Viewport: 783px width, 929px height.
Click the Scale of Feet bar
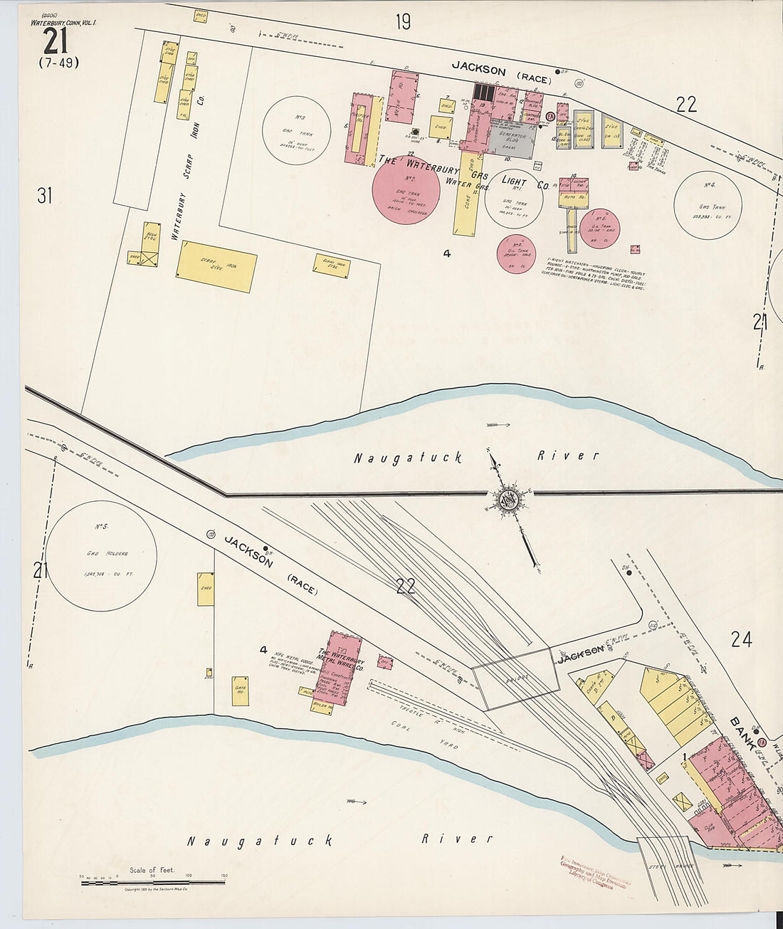[x=152, y=881]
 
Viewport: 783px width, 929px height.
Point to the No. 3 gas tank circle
[x=296, y=130]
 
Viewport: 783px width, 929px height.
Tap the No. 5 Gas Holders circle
[x=101, y=556]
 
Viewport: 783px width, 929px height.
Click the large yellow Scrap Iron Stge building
[x=216, y=266]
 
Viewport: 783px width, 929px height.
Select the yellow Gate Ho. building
[x=241, y=691]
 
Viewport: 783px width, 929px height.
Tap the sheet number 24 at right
[x=740, y=639]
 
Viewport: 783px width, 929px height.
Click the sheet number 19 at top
[x=403, y=22]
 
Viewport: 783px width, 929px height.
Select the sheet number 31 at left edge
[x=45, y=195]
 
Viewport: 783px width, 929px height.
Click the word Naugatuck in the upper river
[x=407, y=458]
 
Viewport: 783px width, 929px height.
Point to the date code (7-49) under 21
[x=58, y=63]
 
